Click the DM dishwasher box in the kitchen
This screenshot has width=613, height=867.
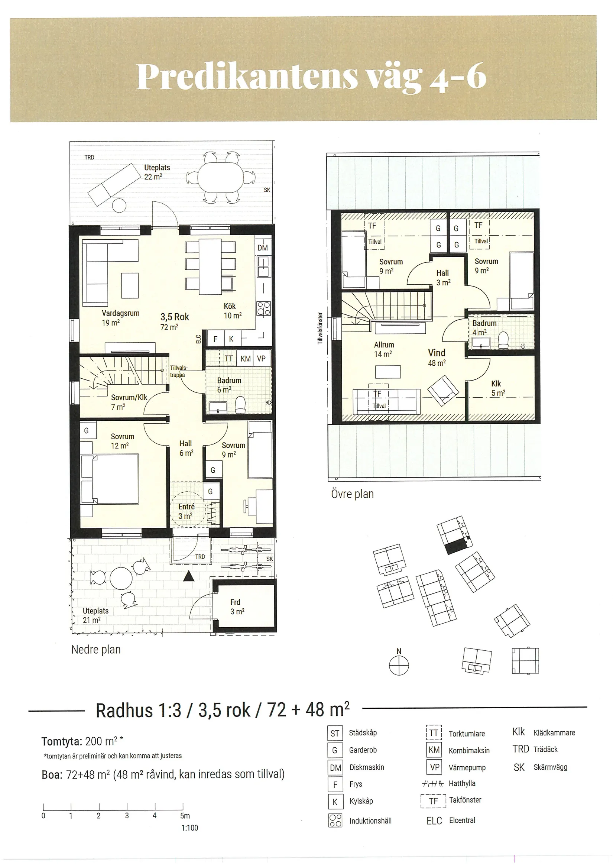coord(263,248)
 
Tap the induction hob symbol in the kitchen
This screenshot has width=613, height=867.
coord(263,308)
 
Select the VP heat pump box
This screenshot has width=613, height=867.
coord(261,359)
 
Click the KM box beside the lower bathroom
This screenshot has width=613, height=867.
coord(245,359)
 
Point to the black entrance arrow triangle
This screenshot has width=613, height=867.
coord(189,577)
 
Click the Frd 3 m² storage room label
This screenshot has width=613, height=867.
coord(237,607)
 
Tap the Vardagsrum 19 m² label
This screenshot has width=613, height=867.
coord(120,318)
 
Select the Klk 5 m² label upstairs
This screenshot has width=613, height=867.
coord(498,388)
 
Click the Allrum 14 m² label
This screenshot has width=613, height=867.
coord(384,349)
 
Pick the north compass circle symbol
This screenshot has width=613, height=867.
coord(399,665)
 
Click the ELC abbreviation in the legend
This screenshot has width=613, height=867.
coord(434,821)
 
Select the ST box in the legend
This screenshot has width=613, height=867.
coord(335,733)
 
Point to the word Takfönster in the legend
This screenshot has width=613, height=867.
coord(465,800)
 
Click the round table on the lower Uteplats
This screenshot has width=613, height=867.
coord(121,579)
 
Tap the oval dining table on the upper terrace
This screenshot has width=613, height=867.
coord(220,177)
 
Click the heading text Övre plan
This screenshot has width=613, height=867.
coord(352,494)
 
